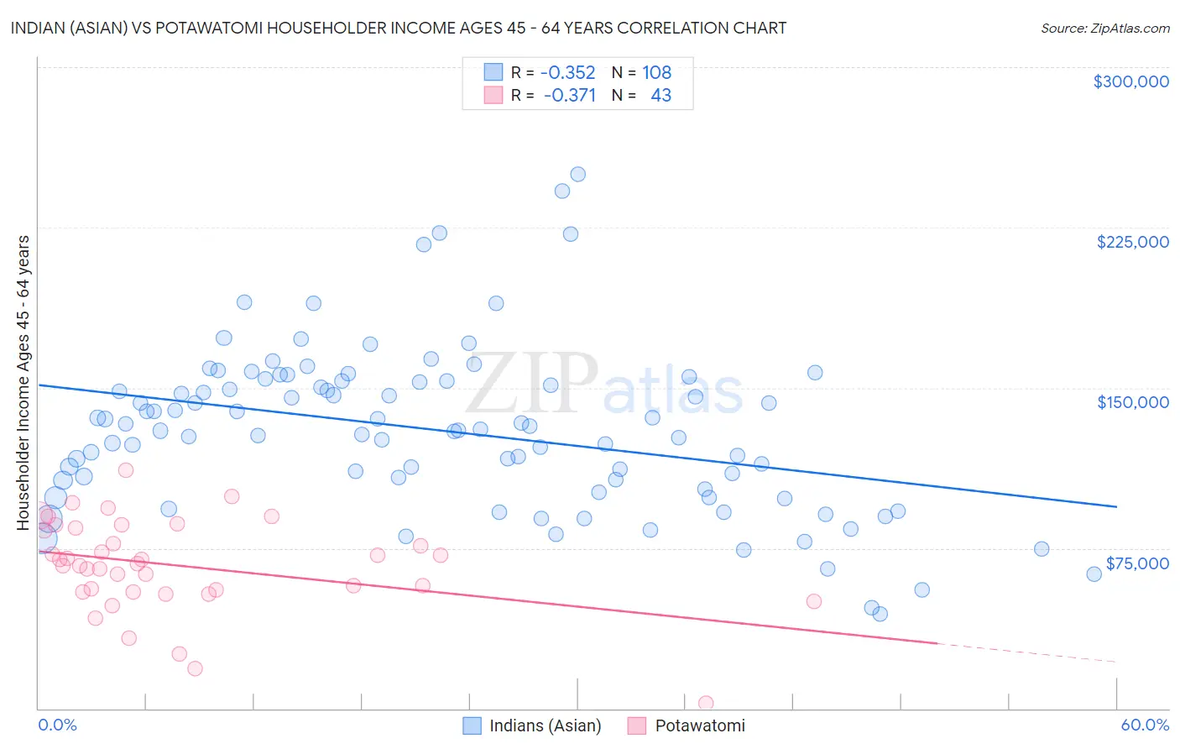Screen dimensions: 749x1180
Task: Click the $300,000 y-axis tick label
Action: tap(1130, 81)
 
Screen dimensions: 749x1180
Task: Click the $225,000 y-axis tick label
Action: tap(1132, 242)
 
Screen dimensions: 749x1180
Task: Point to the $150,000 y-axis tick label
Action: tap(1132, 402)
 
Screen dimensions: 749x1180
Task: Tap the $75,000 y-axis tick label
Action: tap(1137, 563)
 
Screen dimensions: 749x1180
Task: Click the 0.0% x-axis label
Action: tap(57, 725)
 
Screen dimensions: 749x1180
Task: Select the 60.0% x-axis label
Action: tap(1145, 725)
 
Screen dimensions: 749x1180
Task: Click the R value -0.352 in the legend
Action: tap(567, 73)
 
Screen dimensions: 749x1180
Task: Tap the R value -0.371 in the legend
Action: tap(569, 96)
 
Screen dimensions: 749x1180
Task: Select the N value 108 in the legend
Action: tap(656, 73)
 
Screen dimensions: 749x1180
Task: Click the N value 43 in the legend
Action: tap(660, 96)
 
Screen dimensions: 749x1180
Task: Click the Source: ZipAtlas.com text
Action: tap(1104, 28)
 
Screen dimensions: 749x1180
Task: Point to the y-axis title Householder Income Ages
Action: tap(23, 382)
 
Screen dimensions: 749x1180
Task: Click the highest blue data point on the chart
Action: tap(577, 175)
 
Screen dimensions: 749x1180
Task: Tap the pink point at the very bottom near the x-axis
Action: tap(706, 703)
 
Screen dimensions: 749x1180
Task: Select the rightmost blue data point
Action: tap(1094, 574)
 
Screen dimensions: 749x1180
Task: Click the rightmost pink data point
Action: tap(813, 601)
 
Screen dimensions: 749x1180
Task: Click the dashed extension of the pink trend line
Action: tap(1024, 652)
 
